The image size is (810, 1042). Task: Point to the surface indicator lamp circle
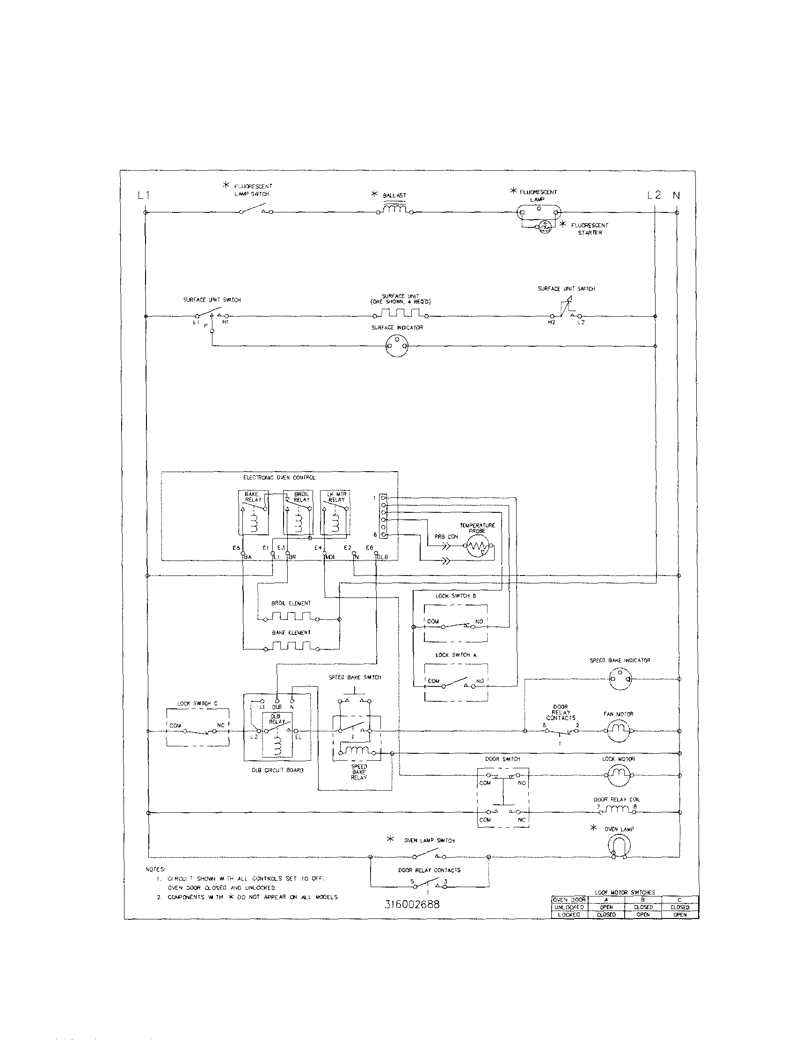click(x=398, y=345)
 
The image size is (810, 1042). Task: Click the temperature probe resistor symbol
click(x=478, y=547)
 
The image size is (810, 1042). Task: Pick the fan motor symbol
click(x=619, y=731)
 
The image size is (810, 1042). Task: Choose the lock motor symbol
click(x=619, y=775)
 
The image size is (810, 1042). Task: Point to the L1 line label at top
click(x=144, y=195)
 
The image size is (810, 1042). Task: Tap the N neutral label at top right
click(x=677, y=195)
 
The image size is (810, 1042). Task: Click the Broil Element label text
click(x=291, y=603)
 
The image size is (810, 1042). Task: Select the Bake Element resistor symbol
click(x=291, y=647)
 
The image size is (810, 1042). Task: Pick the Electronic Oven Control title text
click(x=279, y=478)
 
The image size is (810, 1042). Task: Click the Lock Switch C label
click(x=197, y=704)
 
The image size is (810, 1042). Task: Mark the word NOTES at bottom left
click(x=154, y=870)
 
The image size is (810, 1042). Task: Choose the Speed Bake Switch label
click(x=354, y=678)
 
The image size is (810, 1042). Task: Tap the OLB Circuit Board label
click(x=277, y=770)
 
